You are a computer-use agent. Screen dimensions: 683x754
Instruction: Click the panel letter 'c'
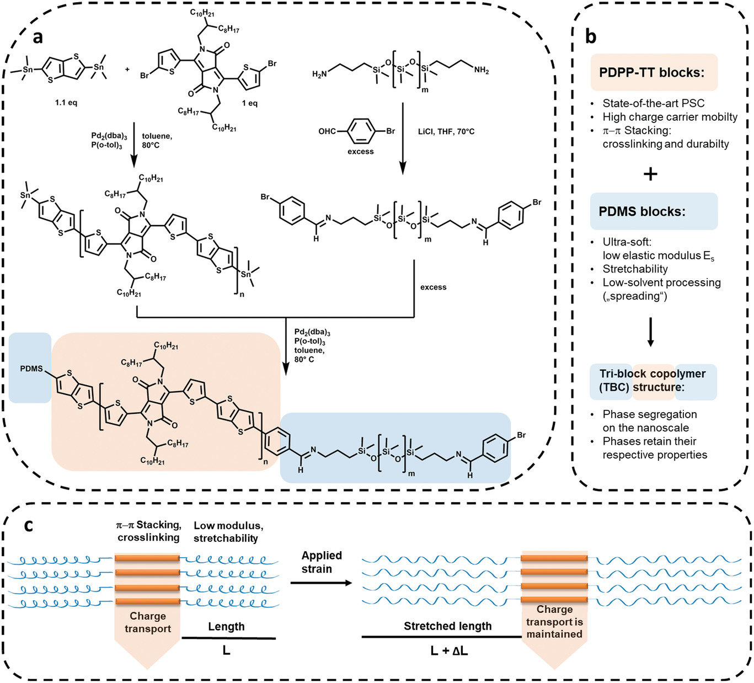click(x=29, y=525)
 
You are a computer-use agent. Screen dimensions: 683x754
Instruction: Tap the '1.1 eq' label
click(x=66, y=103)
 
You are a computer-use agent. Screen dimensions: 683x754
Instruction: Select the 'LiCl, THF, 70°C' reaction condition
click(x=446, y=131)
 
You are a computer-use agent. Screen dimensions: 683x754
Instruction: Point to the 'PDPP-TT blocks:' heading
click(x=651, y=72)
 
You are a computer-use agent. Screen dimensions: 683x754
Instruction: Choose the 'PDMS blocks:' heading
click(x=642, y=212)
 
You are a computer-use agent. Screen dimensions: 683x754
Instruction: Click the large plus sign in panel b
click(x=650, y=174)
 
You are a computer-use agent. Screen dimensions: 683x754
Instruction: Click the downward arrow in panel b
click(x=650, y=332)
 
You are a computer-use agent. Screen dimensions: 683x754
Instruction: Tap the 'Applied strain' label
click(x=322, y=562)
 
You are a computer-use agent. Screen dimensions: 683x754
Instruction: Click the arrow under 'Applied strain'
click(x=321, y=583)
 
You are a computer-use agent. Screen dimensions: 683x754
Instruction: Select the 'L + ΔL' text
click(x=449, y=651)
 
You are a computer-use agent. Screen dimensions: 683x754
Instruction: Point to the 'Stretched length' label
click(x=447, y=626)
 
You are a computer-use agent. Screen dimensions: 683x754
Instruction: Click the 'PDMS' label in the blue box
click(x=31, y=369)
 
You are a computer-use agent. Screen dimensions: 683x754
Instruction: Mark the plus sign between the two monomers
click(x=127, y=70)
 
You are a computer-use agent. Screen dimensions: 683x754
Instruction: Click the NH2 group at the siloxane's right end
click(x=481, y=70)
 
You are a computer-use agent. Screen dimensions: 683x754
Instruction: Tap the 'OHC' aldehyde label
click(x=327, y=131)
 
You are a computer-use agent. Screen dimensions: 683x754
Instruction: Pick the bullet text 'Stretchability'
click(x=635, y=269)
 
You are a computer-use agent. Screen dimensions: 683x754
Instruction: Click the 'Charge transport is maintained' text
click(x=554, y=622)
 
